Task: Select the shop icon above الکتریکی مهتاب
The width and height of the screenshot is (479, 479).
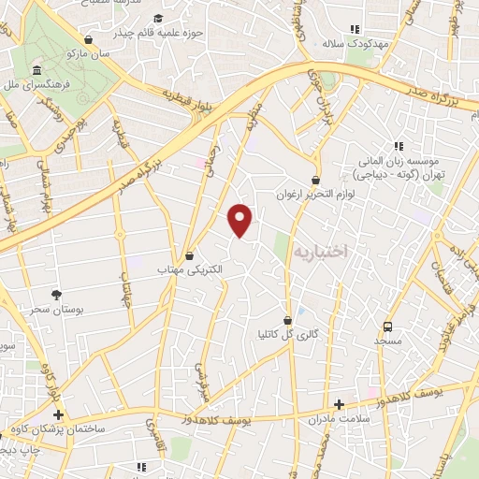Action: pyautogui.click(x=190, y=254)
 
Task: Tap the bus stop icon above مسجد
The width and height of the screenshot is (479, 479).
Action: pyautogui.click(x=386, y=327)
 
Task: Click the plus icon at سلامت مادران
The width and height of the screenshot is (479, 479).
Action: pyautogui.click(x=339, y=404)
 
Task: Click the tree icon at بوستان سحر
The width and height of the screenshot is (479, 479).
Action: pyautogui.click(x=56, y=295)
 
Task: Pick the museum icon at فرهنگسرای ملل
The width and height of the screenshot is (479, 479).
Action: pyautogui.click(x=36, y=72)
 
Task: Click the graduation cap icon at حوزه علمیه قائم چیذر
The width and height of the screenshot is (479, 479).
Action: pyautogui.click(x=157, y=19)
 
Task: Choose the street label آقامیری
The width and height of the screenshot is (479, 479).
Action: pyautogui.click(x=151, y=431)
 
